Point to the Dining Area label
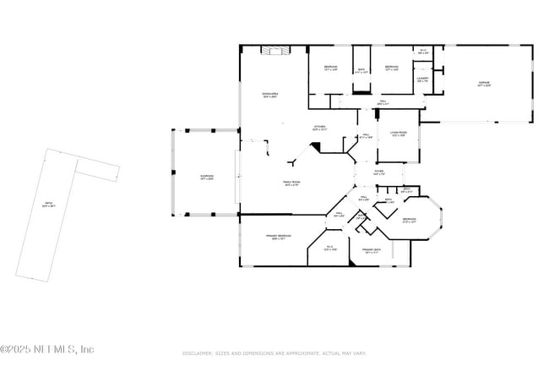[x=269, y=96]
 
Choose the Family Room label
[x=291, y=184]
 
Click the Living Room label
[x=398, y=134]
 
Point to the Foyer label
[x=379, y=172]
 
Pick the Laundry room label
[x=422, y=80]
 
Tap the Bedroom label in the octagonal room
[x=410, y=221]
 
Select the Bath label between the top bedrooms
[x=361, y=71]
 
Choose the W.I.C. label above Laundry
[x=423, y=52]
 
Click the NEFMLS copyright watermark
[x=47, y=349]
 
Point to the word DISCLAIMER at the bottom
[x=199, y=352]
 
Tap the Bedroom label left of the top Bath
[x=330, y=68]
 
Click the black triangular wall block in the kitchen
[x=316, y=146]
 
